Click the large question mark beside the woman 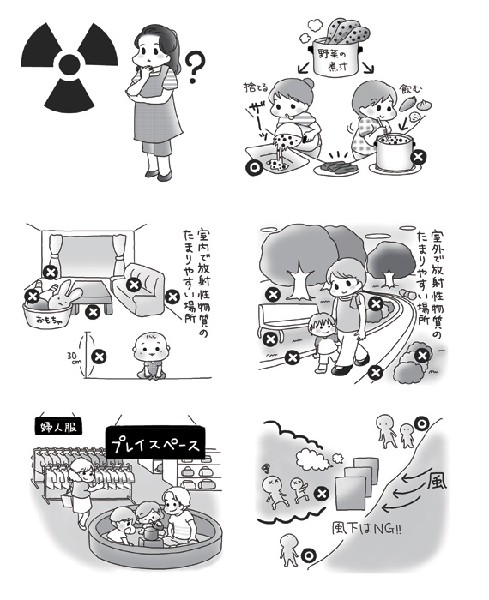click(x=195, y=68)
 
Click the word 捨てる click(x=256, y=87)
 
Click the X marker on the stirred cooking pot click(x=418, y=157)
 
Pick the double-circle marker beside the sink click(x=253, y=167)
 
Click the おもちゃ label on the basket click(x=48, y=319)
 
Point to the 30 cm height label click(x=73, y=357)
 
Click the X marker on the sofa click(x=134, y=285)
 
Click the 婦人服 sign click(x=59, y=426)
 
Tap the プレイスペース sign click(x=155, y=445)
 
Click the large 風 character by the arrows click(x=436, y=482)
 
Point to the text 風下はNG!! click(x=365, y=529)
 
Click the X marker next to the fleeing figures click(x=322, y=494)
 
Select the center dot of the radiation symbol click(x=69, y=63)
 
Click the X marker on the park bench click(x=271, y=339)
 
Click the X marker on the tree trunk click(x=273, y=295)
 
